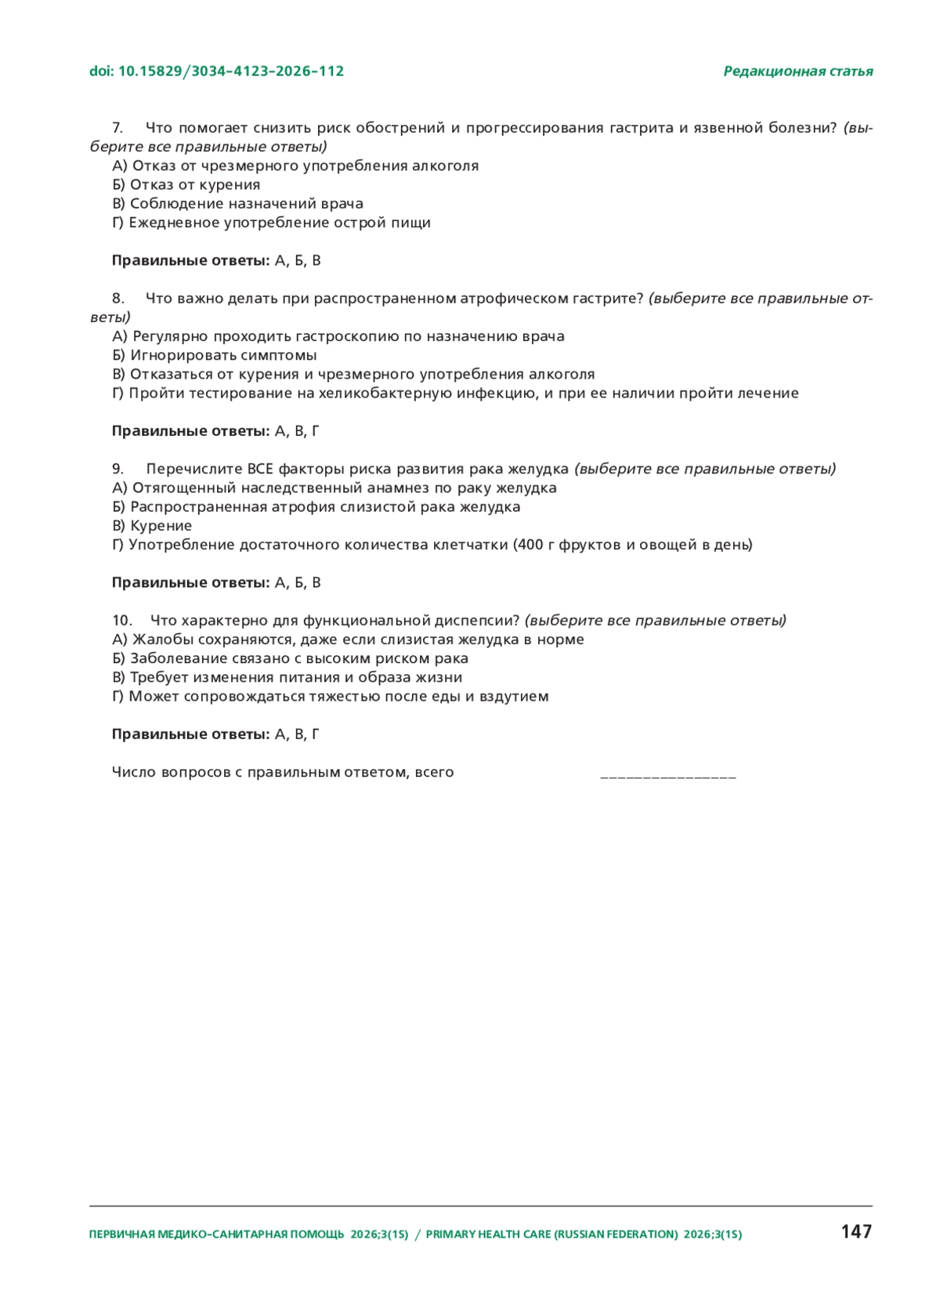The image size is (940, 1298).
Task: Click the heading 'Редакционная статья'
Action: click(797, 71)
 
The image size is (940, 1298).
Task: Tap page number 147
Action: click(856, 1231)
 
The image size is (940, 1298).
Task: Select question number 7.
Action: click(117, 128)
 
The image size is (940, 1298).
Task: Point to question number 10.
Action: click(121, 621)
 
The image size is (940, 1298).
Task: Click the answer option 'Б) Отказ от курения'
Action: click(186, 185)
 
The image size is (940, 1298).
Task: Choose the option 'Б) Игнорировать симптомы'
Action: click(215, 356)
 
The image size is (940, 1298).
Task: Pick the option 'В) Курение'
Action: click(152, 526)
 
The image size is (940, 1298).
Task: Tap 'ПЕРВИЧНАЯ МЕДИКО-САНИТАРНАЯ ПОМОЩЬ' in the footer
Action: click(216, 1235)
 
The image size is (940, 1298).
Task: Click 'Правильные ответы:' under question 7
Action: click(190, 261)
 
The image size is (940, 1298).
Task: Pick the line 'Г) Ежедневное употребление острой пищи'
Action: click(271, 223)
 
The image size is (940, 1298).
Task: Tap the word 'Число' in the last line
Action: click(134, 773)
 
